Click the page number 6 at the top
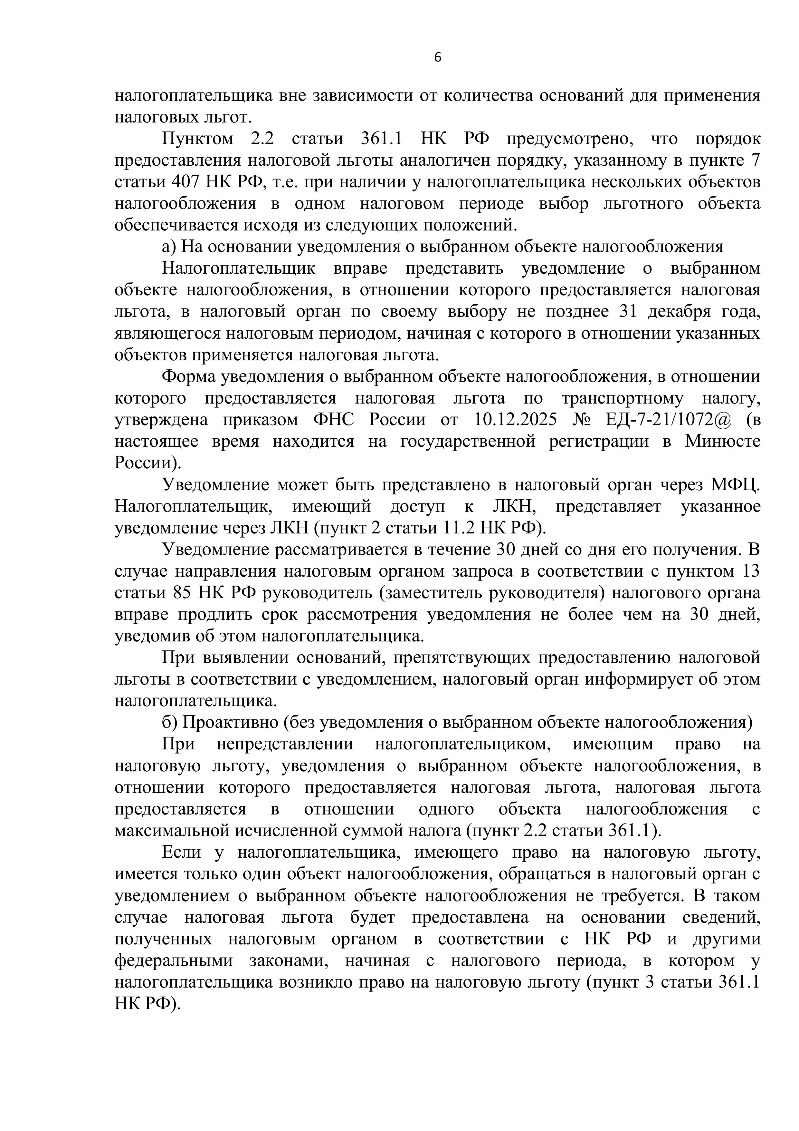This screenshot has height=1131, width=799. tap(437, 58)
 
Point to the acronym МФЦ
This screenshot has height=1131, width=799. tap(735, 485)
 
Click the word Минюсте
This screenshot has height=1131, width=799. tap(722, 441)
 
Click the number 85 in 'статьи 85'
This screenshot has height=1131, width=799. tap(182, 593)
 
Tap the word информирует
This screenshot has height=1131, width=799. tap(654, 679)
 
